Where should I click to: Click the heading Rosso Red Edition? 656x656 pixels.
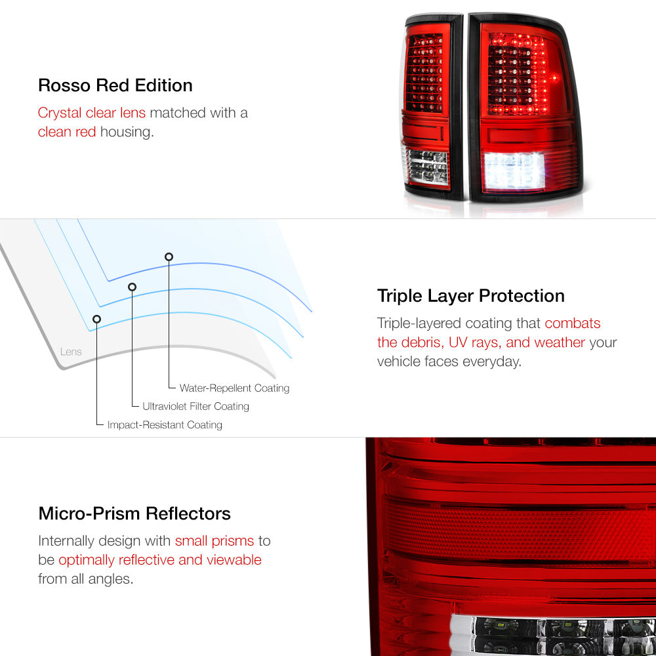point(115,85)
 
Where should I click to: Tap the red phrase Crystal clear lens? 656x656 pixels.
point(92,113)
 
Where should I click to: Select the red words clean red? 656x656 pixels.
point(67,132)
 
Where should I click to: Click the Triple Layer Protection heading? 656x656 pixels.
point(470,296)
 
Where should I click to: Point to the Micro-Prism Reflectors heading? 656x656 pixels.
point(134,514)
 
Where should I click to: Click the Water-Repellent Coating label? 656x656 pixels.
point(234,388)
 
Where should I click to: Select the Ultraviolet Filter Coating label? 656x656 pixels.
point(195,406)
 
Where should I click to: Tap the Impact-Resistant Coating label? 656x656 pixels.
point(165,424)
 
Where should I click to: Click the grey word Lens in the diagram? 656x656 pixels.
point(71,352)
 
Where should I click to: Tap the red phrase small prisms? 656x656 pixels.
point(215,541)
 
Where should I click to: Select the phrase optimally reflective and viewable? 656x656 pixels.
point(160,560)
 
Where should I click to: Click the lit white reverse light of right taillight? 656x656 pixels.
point(514,171)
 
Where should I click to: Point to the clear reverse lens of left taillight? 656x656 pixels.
point(427,167)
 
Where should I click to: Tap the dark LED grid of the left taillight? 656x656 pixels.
point(424,73)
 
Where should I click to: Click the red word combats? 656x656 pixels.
point(572,323)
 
